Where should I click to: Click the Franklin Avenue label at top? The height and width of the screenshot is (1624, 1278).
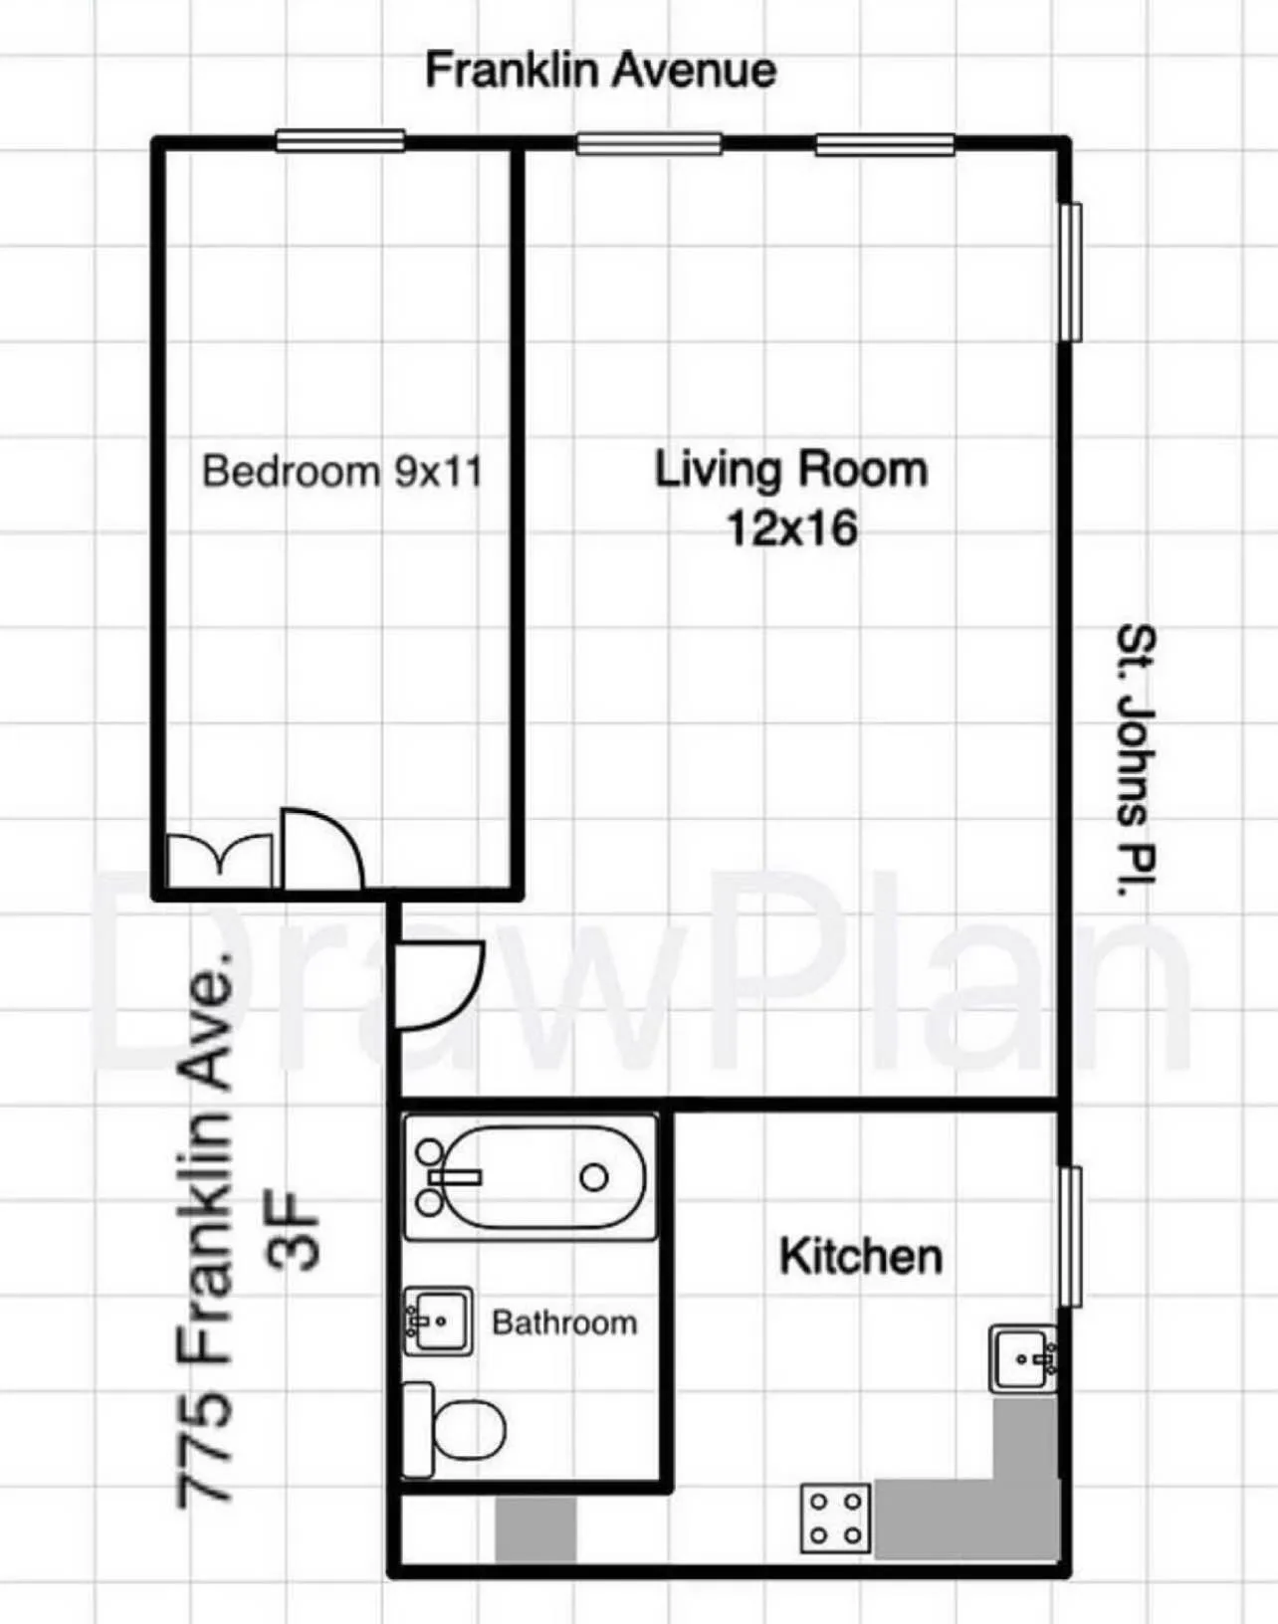coord(600,71)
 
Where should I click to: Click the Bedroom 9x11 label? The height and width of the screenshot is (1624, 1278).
coord(341,471)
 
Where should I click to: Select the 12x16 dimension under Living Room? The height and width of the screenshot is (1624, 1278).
coord(791,528)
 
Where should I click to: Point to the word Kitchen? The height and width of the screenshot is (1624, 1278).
coord(861,1256)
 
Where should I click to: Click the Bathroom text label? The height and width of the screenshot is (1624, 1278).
coord(564,1322)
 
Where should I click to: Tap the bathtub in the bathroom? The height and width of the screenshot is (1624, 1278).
coord(531,1177)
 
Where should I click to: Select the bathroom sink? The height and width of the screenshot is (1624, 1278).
coord(438,1320)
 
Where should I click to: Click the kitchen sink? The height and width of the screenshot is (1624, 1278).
coord(1024,1358)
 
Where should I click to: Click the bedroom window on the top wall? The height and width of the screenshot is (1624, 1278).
coord(340,140)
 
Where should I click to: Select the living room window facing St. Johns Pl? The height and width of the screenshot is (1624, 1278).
coord(1071,272)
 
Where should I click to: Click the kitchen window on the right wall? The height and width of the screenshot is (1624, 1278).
coord(1071,1236)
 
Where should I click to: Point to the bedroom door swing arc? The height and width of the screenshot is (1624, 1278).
coord(323,848)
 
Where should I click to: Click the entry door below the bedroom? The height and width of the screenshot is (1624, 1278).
coord(438,985)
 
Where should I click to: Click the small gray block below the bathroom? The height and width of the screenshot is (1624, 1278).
coord(535,1529)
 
